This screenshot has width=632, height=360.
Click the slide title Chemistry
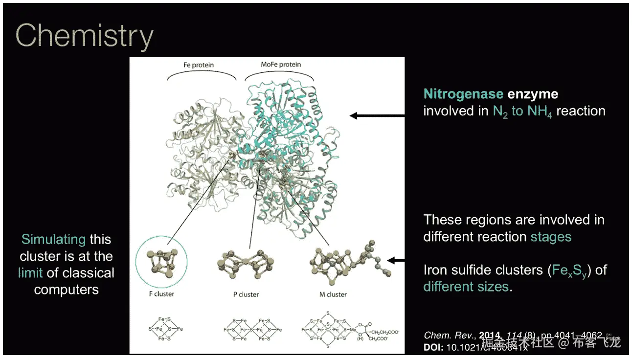tap(85, 35)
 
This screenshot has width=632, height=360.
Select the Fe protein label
tap(199, 65)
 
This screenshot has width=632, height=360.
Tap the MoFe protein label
tap(281, 65)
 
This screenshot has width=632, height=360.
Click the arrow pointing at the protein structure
tap(377, 116)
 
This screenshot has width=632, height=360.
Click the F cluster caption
tap(161, 294)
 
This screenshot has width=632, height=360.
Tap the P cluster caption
tap(246, 294)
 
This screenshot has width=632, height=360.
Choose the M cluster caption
tap(330, 294)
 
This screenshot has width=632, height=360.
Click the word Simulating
tap(53, 240)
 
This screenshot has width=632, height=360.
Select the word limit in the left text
tap(30, 273)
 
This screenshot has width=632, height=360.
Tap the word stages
tap(551, 237)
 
